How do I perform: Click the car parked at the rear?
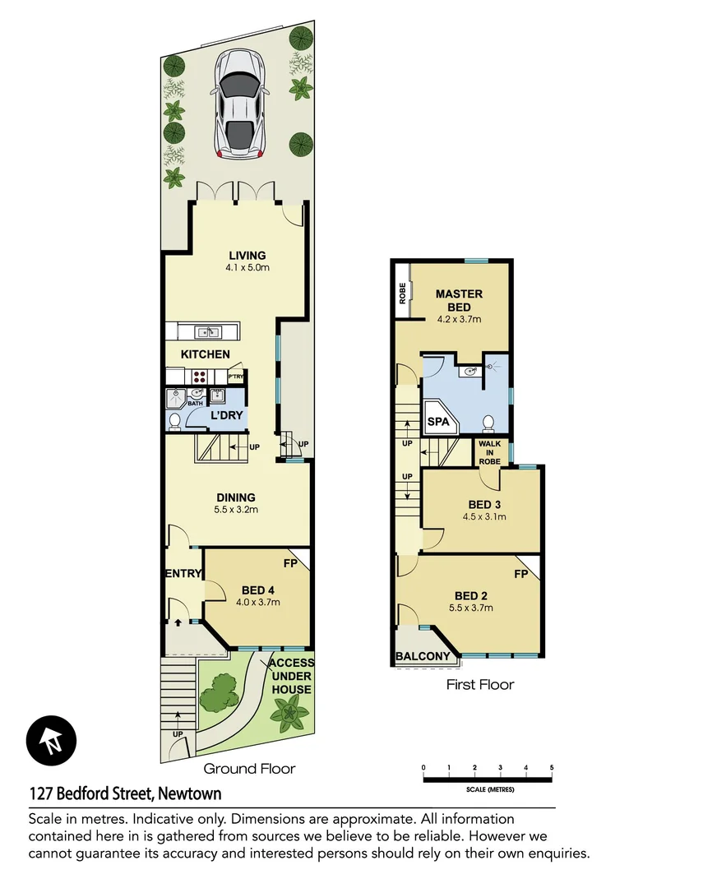pyautogui.click(x=239, y=104)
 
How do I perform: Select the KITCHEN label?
pyautogui.click(x=205, y=354)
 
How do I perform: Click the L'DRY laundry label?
pyautogui.click(x=226, y=415)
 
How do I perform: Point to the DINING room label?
pyautogui.click(x=236, y=497)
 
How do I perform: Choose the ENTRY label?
pyautogui.click(x=183, y=573)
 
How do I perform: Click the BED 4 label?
pyautogui.click(x=258, y=590)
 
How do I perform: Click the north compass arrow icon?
pyautogui.click(x=51, y=738)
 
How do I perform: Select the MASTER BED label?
pyautogui.click(x=459, y=300)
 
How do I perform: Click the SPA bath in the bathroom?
pyautogui.click(x=438, y=422)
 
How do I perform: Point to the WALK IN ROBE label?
pyautogui.click(x=489, y=452)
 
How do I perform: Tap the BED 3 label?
pyautogui.click(x=483, y=504)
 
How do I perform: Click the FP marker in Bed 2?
pyautogui.click(x=520, y=574)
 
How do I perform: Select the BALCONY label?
pyautogui.click(x=423, y=656)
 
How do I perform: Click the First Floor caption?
pyautogui.click(x=479, y=684)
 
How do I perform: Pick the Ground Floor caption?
pyautogui.click(x=249, y=769)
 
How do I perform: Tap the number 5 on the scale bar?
pyautogui.click(x=551, y=767)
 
